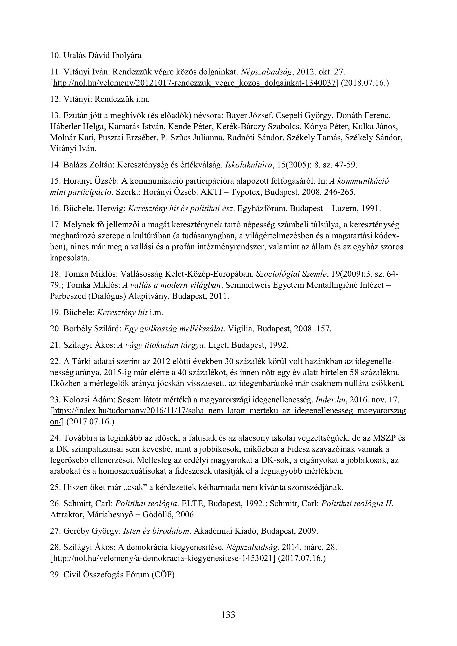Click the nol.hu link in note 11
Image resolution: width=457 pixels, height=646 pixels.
tap(194, 83)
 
